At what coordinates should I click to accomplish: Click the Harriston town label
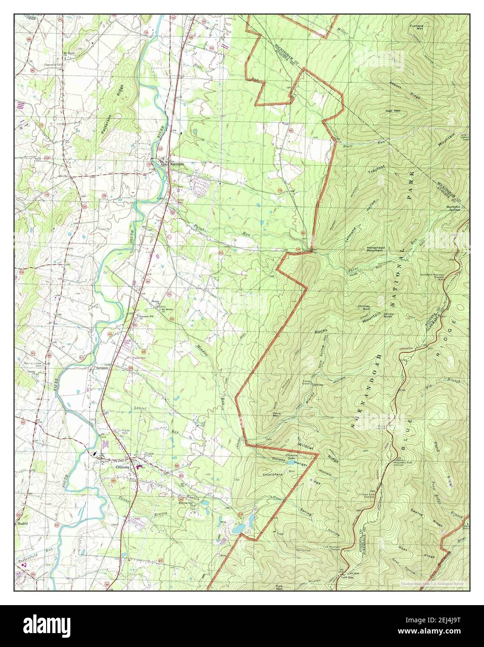tap(177, 164)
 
